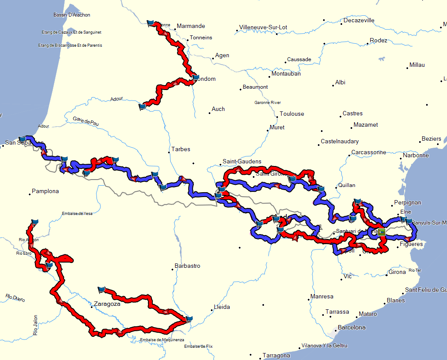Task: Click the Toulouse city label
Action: [292, 114]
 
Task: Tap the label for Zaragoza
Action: [107, 304]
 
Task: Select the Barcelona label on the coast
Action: [352, 327]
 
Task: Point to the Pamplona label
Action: [45, 191]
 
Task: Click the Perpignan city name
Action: [407, 203]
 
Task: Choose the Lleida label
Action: [222, 307]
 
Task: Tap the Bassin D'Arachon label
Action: [72, 15]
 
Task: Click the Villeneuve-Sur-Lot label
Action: [263, 27]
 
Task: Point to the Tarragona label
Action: [276, 356]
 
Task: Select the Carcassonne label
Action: [369, 152]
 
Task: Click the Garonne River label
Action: [268, 103]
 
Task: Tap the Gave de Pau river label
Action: [86, 121]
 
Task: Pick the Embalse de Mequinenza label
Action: [162, 340]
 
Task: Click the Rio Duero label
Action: [15, 298]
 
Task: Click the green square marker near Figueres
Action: [382, 232]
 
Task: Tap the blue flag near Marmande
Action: [151, 23]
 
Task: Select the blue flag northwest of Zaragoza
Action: [102, 289]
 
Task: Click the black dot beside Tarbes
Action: [169, 152]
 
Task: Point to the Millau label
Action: [417, 65]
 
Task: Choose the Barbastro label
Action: [187, 266]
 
